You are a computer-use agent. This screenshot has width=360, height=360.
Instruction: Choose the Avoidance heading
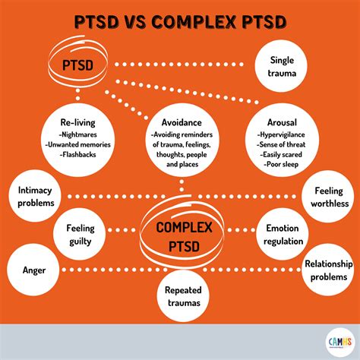click(x=181, y=122)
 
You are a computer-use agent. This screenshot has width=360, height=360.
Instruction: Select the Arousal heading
click(x=282, y=122)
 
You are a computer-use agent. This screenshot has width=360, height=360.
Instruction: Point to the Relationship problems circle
click(x=329, y=270)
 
